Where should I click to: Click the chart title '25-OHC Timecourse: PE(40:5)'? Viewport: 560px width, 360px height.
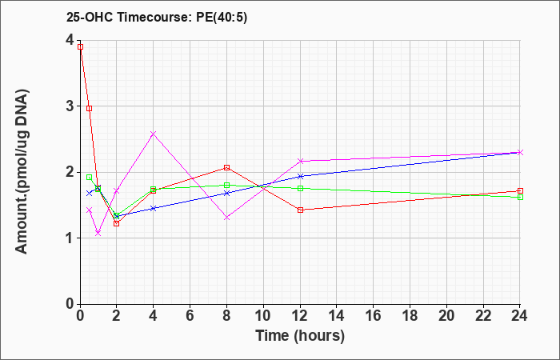pos(157,18)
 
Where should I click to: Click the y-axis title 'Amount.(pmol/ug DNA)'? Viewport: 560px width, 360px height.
pos(22,171)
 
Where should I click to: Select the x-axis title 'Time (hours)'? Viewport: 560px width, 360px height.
pos(300,336)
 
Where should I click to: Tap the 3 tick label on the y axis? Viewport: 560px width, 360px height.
pos(71,106)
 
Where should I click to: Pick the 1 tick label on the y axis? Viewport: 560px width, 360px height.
pos(71,238)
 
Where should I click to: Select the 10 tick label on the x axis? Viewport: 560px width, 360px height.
pos(263,316)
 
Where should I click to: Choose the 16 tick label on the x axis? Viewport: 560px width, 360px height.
pos(374,316)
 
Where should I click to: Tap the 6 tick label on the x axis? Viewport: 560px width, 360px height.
pos(190,316)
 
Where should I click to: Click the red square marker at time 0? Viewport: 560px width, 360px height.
pos(80,46)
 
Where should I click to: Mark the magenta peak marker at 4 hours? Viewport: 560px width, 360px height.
pos(154,134)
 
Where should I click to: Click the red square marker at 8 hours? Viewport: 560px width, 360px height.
pos(226,167)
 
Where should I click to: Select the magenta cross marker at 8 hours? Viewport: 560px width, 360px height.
pos(226,218)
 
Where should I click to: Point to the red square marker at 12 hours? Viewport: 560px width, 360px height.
pos(300,210)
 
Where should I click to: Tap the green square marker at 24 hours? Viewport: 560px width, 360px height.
pos(520,197)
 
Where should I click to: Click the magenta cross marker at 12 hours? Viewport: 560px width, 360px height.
pos(300,161)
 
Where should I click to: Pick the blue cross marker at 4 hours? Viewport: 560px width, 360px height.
pos(154,208)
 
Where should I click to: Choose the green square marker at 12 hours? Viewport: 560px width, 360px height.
pos(300,188)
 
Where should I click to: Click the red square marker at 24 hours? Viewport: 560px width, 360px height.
pos(520,190)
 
